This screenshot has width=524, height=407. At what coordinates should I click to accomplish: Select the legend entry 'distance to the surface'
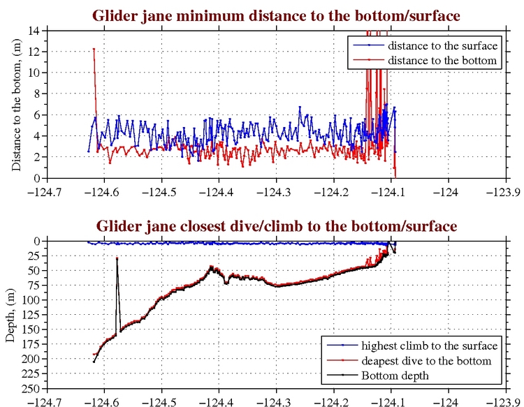(442, 45)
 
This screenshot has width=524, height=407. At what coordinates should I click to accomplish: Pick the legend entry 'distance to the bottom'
(442, 61)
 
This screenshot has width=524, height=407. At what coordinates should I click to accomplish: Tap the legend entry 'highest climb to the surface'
(429, 346)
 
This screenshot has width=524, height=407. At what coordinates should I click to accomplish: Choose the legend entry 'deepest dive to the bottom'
(426, 361)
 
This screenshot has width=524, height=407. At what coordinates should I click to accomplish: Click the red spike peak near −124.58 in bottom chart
(117, 258)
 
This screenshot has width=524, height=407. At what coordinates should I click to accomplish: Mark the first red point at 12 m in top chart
(94, 50)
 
